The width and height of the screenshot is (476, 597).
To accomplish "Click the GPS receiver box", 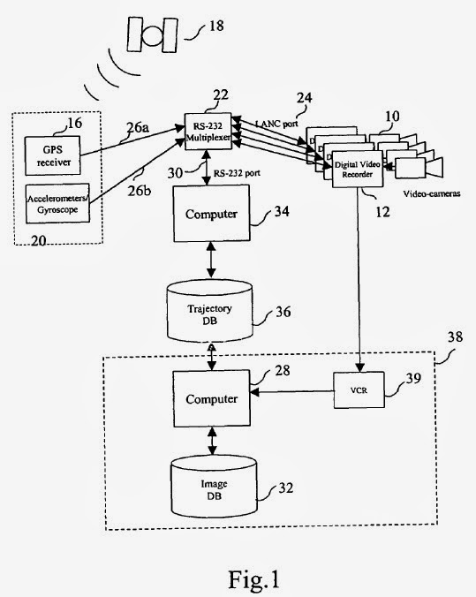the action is (53, 155).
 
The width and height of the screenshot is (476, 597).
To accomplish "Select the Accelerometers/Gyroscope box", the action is (57, 204).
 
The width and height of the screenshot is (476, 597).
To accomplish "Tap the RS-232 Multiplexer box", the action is (208, 132).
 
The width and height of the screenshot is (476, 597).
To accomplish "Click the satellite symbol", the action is (152, 34).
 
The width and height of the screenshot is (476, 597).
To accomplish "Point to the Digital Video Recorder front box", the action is (357, 169).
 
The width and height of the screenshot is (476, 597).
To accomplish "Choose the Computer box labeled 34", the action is (212, 213).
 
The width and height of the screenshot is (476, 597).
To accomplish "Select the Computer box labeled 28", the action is (212, 398).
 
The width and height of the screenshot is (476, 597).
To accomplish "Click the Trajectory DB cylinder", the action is (210, 311).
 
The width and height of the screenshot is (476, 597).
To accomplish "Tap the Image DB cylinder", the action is (214, 487).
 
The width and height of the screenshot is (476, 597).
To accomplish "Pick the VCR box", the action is (359, 389).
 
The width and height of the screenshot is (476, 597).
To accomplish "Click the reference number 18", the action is (215, 26).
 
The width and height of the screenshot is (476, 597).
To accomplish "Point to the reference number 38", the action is (455, 336).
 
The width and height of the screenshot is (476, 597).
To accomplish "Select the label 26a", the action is (138, 127).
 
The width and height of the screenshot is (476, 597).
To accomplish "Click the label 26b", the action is (139, 191).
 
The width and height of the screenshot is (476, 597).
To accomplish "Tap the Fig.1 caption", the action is (254, 579).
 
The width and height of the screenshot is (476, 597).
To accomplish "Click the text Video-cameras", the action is (432, 193).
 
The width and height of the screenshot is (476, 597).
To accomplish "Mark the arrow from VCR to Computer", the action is (292, 391).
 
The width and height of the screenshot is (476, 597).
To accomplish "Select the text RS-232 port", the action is (237, 173).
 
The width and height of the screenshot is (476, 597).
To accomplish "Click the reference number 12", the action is (382, 212).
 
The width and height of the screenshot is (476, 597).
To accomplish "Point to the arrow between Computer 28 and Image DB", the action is (212, 441).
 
